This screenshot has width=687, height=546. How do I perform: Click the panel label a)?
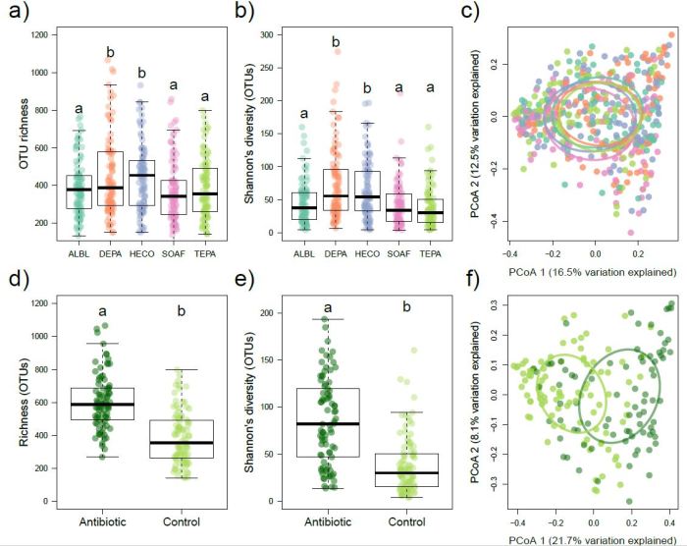pos(16,14)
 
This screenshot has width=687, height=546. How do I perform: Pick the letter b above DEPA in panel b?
pos(337,42)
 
